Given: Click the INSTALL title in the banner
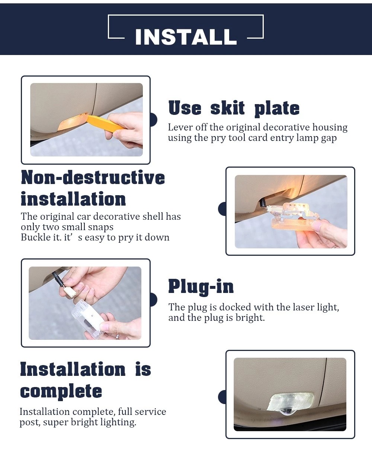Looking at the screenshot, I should (186, 37).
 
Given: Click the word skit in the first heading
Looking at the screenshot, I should (227, 108).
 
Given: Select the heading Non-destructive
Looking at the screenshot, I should (93, 177).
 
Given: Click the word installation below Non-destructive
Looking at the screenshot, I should (73, 199).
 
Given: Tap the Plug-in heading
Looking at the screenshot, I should (201, 287).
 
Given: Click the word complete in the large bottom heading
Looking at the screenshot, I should (61, 391).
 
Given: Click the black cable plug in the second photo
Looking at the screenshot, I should (263, 202).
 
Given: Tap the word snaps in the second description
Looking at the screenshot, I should (100, 227).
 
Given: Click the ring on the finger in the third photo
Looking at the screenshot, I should (117, 336).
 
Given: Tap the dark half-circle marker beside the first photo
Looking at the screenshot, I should (153, 120).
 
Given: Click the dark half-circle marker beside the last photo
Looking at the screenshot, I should (222, 397).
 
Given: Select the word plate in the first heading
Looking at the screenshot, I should (277, 108).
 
